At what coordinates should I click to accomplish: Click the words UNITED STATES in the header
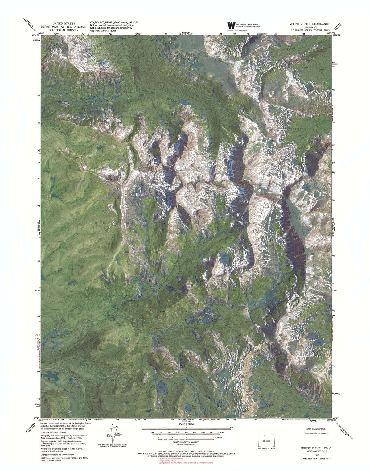(64, 23)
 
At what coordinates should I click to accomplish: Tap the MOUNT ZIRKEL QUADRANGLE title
(310, 24)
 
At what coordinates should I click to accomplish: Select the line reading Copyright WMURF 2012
(103, 31)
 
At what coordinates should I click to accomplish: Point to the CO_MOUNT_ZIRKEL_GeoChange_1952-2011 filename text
(115, 23)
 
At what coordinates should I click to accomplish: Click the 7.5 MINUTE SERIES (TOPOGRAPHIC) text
(310, 31)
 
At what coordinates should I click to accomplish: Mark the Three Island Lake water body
(160, 387)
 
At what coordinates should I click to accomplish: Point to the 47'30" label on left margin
(37, 290)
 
